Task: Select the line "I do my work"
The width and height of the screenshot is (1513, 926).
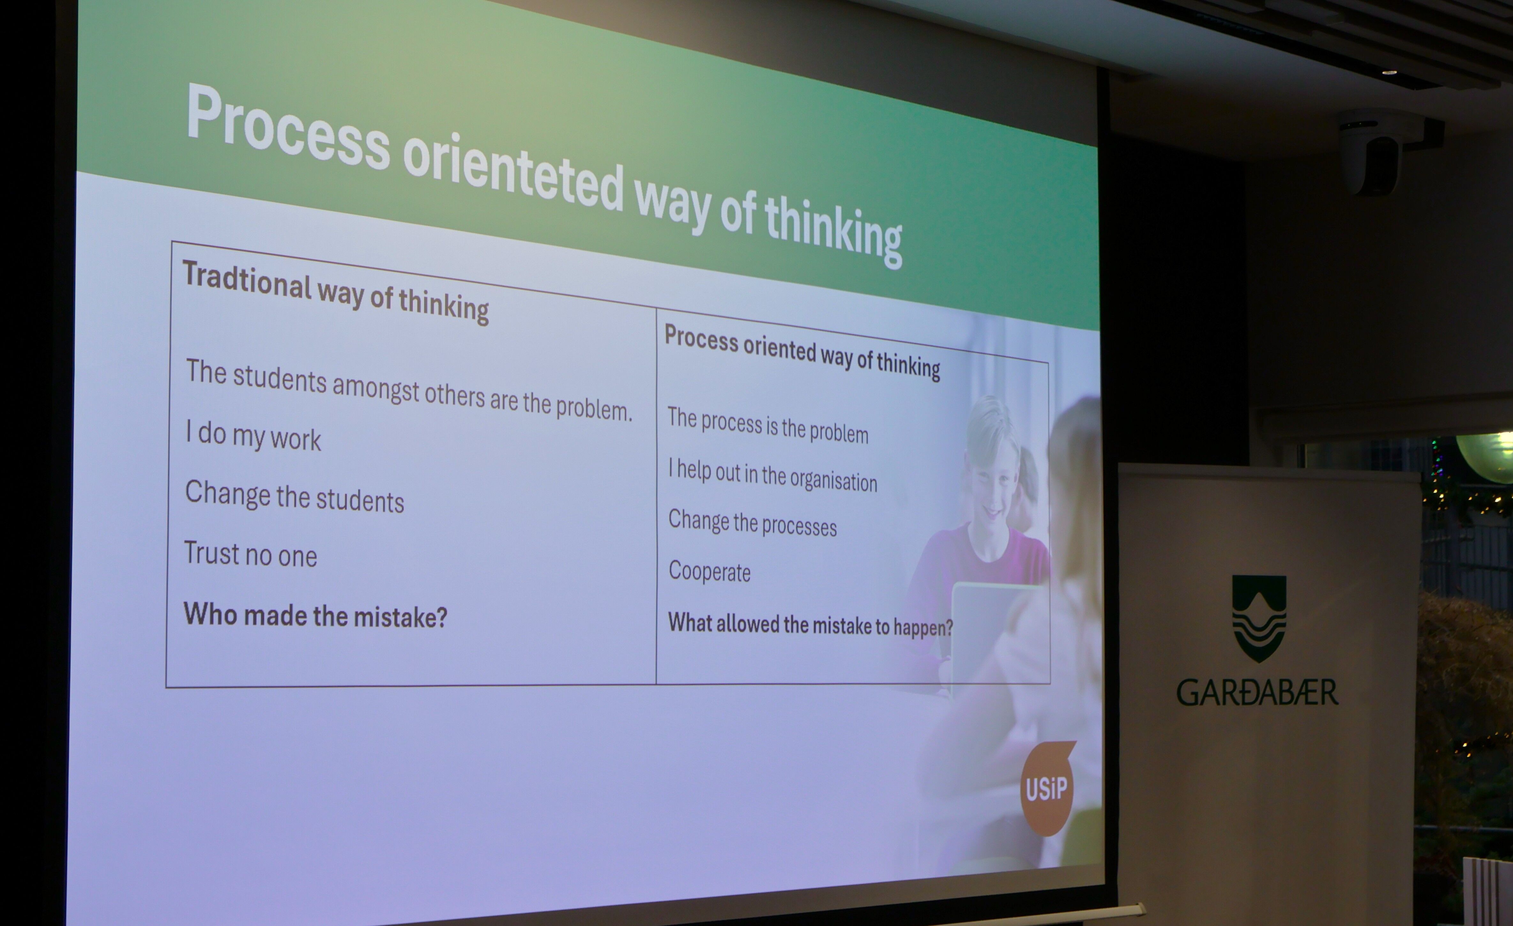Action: pyautogui.click(x=253, y=435)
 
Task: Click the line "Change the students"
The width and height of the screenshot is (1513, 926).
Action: pyautogui.click(x=295, y=496)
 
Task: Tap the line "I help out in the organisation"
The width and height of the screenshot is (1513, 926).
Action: pyautogui.click(x=772, y=475)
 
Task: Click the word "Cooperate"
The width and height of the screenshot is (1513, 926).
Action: pyautogui.click(x=709, y=571)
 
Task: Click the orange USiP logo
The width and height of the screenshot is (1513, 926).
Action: pyautogui.click(x=1047, y=788)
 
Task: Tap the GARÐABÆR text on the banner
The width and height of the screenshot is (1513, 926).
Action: pyautogui.click(x=1257, y=692)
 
